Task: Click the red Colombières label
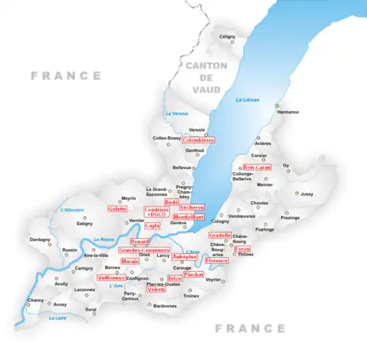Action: tap(198, 139)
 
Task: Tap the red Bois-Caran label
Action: tap(257, 167)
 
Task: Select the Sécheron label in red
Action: tap(192, 208)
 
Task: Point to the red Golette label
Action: tap(117, 209)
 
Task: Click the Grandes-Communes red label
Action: tap(144, 251)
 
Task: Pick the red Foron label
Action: tap(243, 249)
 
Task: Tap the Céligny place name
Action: tap(228, 36)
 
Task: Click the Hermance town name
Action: tap(288, 112)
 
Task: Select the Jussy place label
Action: tap(307, 194)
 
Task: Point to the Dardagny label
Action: tap(40, 239)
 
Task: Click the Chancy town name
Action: tap(36, 300)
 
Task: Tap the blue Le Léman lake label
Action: tap(246, 100)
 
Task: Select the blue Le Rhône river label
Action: tap(103, 238)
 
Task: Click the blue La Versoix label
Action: tap(177, 113)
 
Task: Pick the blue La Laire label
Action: tap(57, 318)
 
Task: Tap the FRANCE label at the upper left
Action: tap(65, 75)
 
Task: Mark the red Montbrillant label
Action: tap(189, 217)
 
